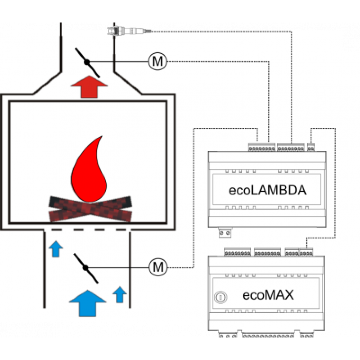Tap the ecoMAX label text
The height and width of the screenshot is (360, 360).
tap(268, 295)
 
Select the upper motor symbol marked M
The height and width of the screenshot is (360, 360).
tap(157, 61)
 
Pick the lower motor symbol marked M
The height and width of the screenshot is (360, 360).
tap(157, 267)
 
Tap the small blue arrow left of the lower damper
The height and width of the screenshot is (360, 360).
tap(55, 249)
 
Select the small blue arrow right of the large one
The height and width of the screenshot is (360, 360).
tap(119, 295)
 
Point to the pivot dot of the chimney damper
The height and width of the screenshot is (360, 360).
tap(87, 62)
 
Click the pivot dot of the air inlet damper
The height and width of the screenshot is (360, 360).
tap(85, 267)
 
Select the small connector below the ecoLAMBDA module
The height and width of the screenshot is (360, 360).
tap(225, 233)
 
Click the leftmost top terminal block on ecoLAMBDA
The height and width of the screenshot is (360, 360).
tap(261, 147)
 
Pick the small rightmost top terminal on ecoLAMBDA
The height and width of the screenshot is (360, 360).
tap(310, 147)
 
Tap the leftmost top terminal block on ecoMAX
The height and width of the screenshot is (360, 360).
tap(238, 252)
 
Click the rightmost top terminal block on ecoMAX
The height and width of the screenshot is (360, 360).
tap(306, 252)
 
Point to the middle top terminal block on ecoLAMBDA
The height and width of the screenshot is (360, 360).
tap(290, 147)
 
